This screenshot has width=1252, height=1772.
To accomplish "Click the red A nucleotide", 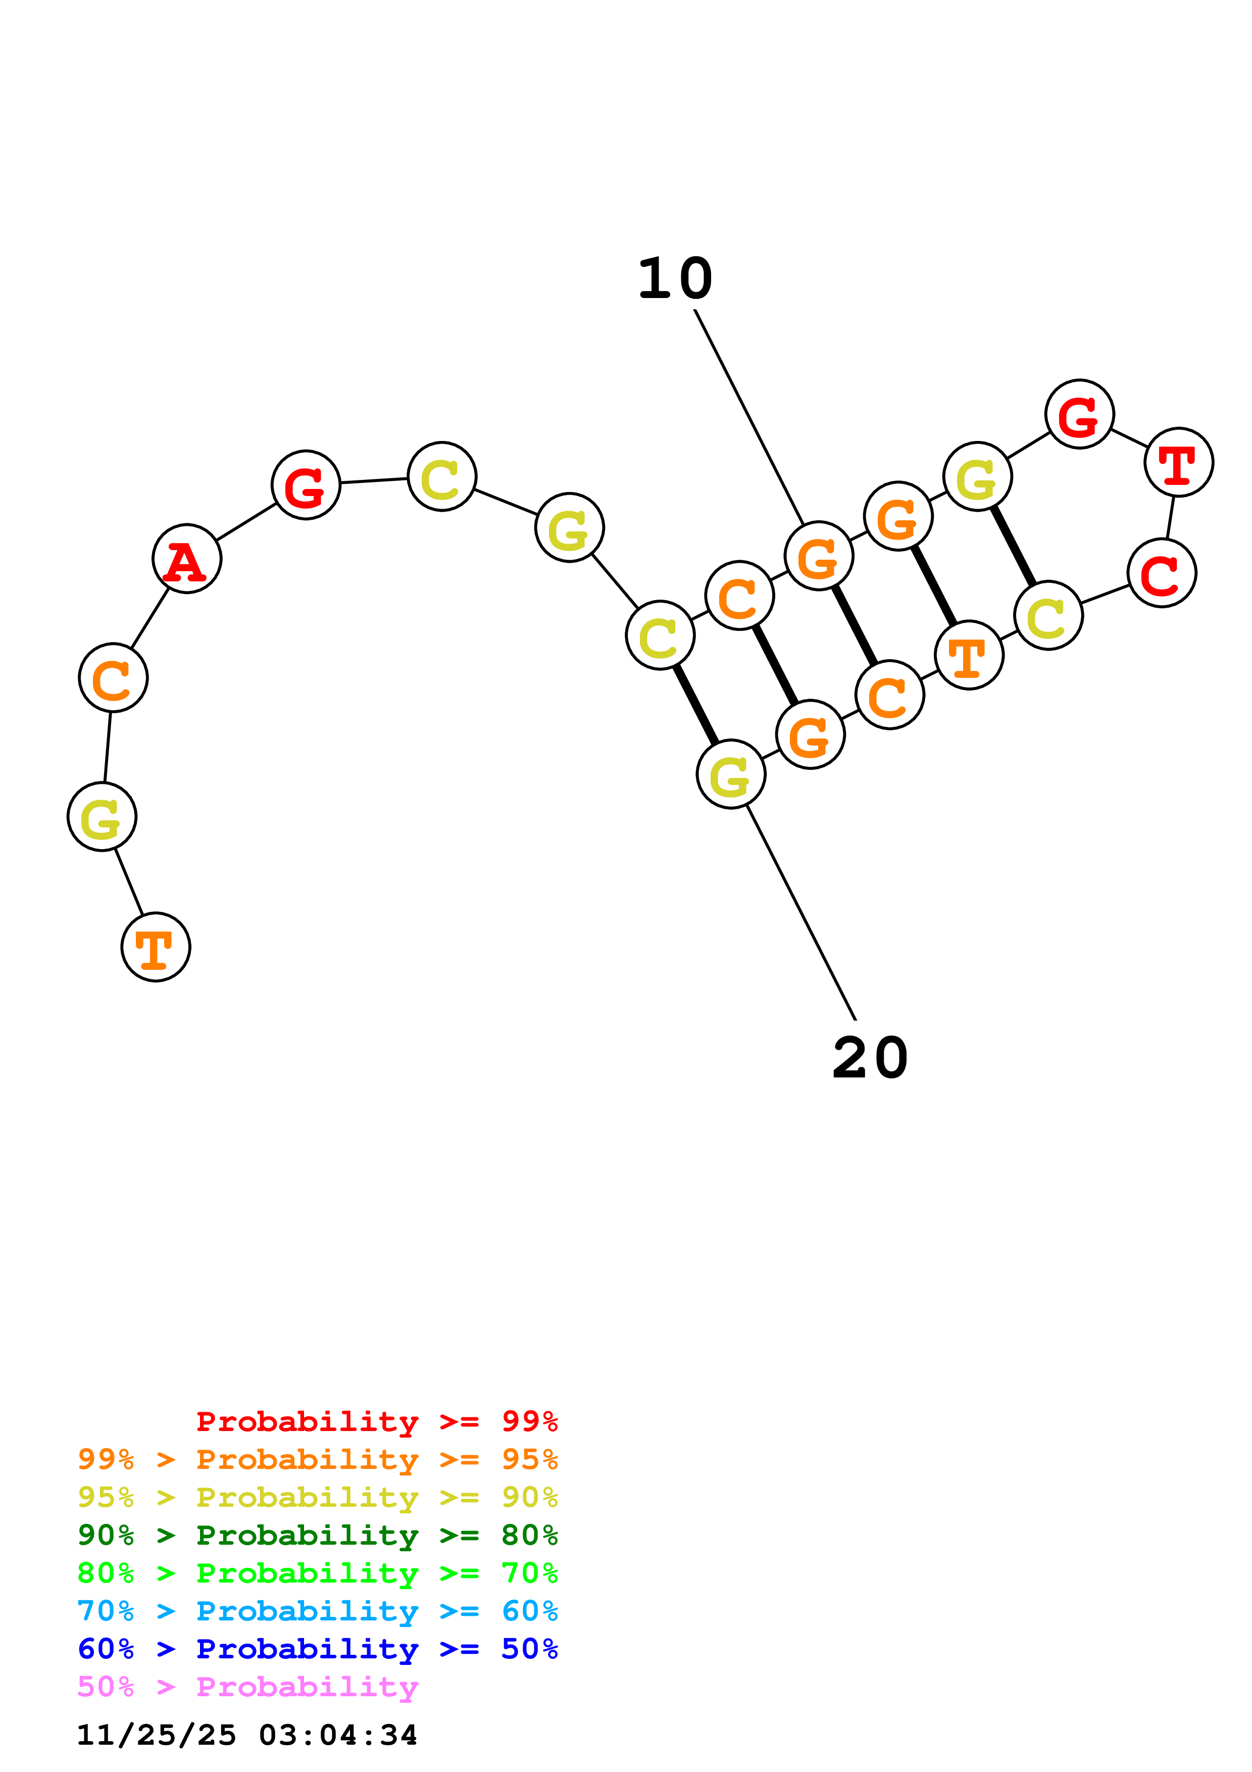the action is coord(187,559).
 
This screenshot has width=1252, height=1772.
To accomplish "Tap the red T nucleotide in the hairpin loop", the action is coord(1178,462).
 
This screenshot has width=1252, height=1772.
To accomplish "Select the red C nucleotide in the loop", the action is coord(1161,573).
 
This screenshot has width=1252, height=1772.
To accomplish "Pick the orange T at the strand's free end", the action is coord(156,947).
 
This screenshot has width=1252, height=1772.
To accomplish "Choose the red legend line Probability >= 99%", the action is coord(376,1421).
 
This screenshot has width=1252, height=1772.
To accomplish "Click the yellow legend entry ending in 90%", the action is coord(318,1497).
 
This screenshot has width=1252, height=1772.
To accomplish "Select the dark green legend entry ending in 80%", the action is coord(318,1535).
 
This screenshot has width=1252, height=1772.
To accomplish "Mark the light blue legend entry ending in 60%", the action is coord(318,1611).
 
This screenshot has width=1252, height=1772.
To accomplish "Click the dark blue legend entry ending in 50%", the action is coord(318,1649).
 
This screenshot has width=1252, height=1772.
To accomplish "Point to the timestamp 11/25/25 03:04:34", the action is coord(247,1735).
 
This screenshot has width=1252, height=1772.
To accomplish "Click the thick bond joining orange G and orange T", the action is coord(933,586).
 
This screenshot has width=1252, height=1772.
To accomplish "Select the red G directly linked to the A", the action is coord(306,485).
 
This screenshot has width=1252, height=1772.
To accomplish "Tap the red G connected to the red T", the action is coord(1079,414).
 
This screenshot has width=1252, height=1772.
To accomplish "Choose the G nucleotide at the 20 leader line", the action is coord(730,774).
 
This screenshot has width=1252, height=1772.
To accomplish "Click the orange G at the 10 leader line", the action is coord(819,556).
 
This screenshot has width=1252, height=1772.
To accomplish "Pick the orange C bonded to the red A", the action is coord(114,677).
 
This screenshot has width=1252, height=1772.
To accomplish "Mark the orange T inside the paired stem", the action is coord(969,655).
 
